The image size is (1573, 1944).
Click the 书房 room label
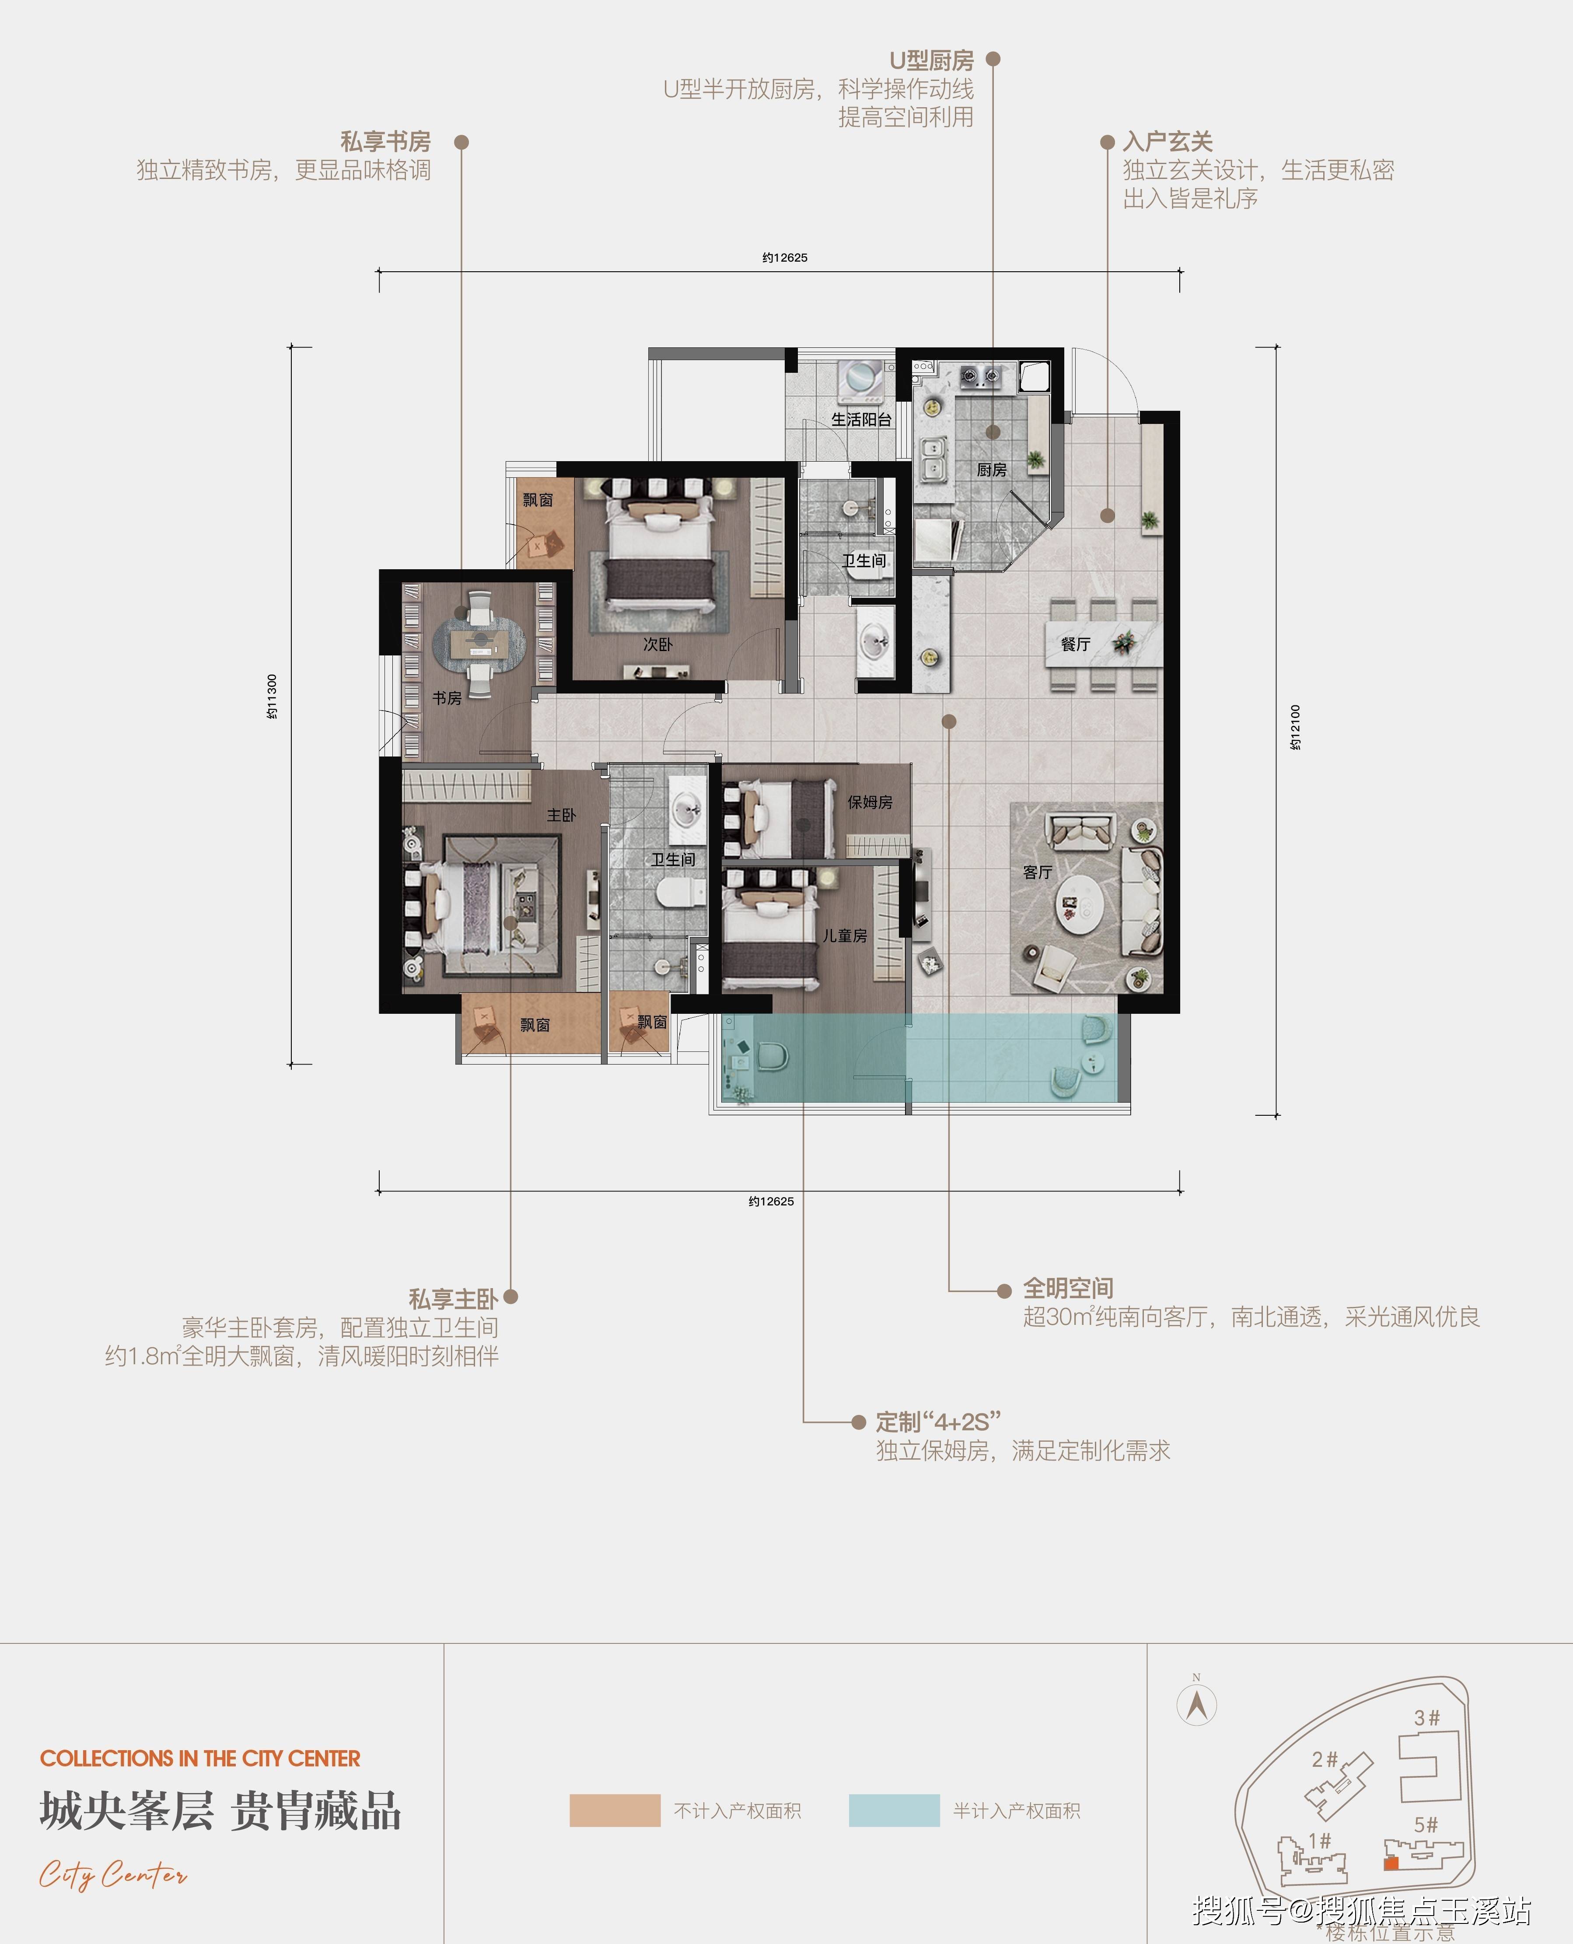point(447,698)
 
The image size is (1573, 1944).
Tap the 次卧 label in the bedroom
point(658,644)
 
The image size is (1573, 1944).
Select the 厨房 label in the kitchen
point(991,469)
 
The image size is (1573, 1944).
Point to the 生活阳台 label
point(861,420)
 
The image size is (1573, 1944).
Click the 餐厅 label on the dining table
point(1076,644)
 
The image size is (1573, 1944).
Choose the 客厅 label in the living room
point(1038,872)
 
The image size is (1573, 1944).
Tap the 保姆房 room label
point(870,802)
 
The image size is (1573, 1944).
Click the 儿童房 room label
point(845,935)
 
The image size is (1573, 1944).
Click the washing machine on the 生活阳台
point(861,381)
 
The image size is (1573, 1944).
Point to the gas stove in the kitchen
point(980,374)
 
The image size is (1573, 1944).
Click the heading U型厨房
point(931,61)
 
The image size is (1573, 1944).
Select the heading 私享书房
point(385,141)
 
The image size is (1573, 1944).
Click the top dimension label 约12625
point(785,257)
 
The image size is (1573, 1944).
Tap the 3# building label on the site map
point(1427,1717)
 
